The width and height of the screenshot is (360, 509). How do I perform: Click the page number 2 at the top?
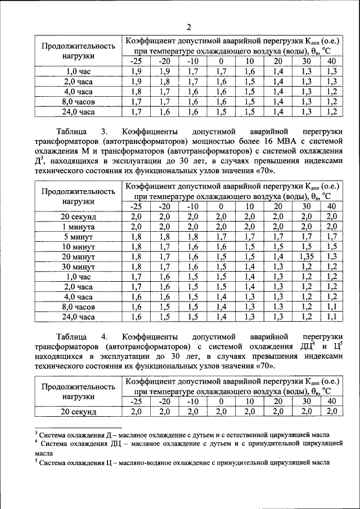(x=189, y=27)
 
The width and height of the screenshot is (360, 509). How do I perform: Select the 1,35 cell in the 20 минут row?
(x=306, y=256)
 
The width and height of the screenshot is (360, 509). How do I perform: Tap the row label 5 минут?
(x=78, y=237)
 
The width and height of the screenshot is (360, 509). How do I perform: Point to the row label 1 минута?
(x=78, y=227)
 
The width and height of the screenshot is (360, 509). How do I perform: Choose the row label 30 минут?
(x=78, y=267)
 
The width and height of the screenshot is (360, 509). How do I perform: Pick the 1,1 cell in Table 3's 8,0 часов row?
(x=332, y=307)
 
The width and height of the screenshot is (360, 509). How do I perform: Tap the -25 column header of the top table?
(x=136, y=61)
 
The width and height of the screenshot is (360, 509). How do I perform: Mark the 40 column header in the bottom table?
(x=332, y=402)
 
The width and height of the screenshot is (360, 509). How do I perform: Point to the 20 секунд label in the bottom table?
(x=78, y=412)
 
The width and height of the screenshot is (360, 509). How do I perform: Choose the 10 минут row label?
(x=78, y=246)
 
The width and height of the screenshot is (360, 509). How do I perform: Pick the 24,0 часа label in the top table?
(x=78, y=112)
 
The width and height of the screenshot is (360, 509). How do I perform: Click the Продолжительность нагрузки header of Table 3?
(x=78, y=196)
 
